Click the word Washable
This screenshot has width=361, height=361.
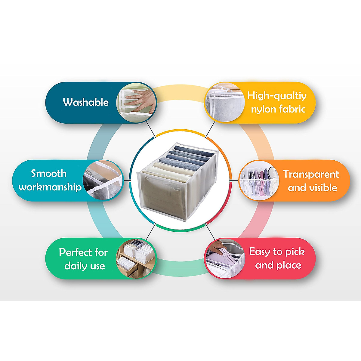click(x=86, y=102)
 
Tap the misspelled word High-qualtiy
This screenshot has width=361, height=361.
click(x=277, y=96)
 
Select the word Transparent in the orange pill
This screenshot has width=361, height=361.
click(x=311, y=174)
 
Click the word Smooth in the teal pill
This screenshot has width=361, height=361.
click(x=49, y=174)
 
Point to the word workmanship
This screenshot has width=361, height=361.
click(x=50, y=187)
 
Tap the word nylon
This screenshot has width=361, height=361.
click(x=264, y=109)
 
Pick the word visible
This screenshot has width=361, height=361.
click(x=322, y=188)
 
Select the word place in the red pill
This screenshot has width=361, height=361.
click(x=289, y=265)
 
